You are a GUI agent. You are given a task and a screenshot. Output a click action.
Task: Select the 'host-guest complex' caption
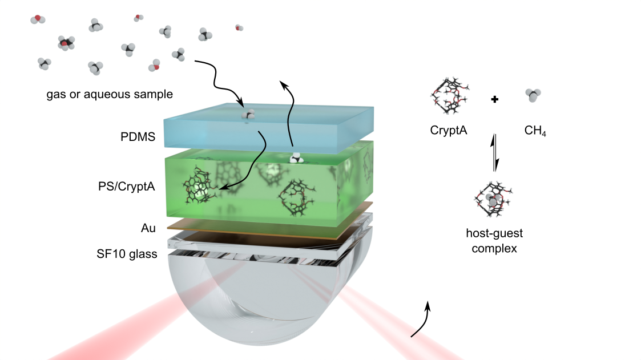click(494, 240)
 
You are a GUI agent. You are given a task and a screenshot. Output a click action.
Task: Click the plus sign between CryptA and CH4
click(495, 99)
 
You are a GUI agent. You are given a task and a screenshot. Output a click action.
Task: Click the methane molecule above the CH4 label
click(534, 95)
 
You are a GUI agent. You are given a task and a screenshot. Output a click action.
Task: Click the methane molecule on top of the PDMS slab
click(248, 115)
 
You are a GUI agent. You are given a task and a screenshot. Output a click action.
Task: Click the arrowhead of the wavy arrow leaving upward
click(282, 84)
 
